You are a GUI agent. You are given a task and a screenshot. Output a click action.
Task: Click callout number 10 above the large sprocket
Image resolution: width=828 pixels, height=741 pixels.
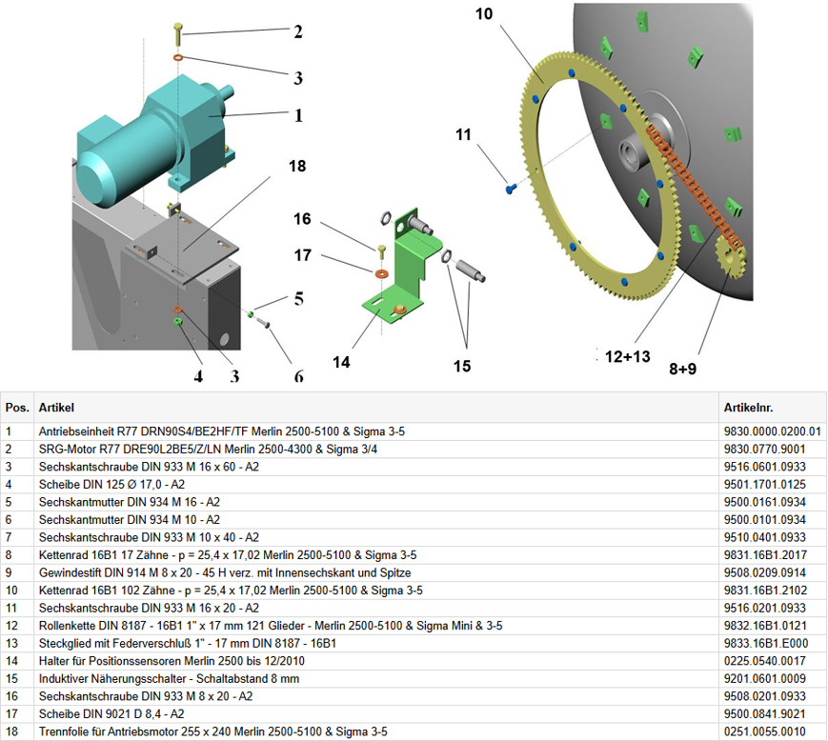point(484,14)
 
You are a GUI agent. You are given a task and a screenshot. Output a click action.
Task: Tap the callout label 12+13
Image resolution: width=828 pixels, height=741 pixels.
point(628,356)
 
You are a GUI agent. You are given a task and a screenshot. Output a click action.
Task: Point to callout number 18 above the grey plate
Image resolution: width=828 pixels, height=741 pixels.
point(297,166)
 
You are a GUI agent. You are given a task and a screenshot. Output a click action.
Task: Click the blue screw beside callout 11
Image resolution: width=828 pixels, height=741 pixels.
point(510,189)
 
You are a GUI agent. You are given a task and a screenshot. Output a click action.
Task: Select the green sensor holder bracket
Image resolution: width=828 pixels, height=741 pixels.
point(405,267)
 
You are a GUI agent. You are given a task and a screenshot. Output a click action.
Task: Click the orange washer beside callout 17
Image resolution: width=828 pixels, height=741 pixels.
point(379,274)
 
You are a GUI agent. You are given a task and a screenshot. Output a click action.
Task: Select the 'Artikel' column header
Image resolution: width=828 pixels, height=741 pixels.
point(56,408)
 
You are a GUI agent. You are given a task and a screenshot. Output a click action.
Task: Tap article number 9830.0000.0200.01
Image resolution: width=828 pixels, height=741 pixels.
point(772,431)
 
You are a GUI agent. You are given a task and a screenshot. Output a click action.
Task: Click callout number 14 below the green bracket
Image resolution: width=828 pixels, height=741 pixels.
point(341,362)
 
